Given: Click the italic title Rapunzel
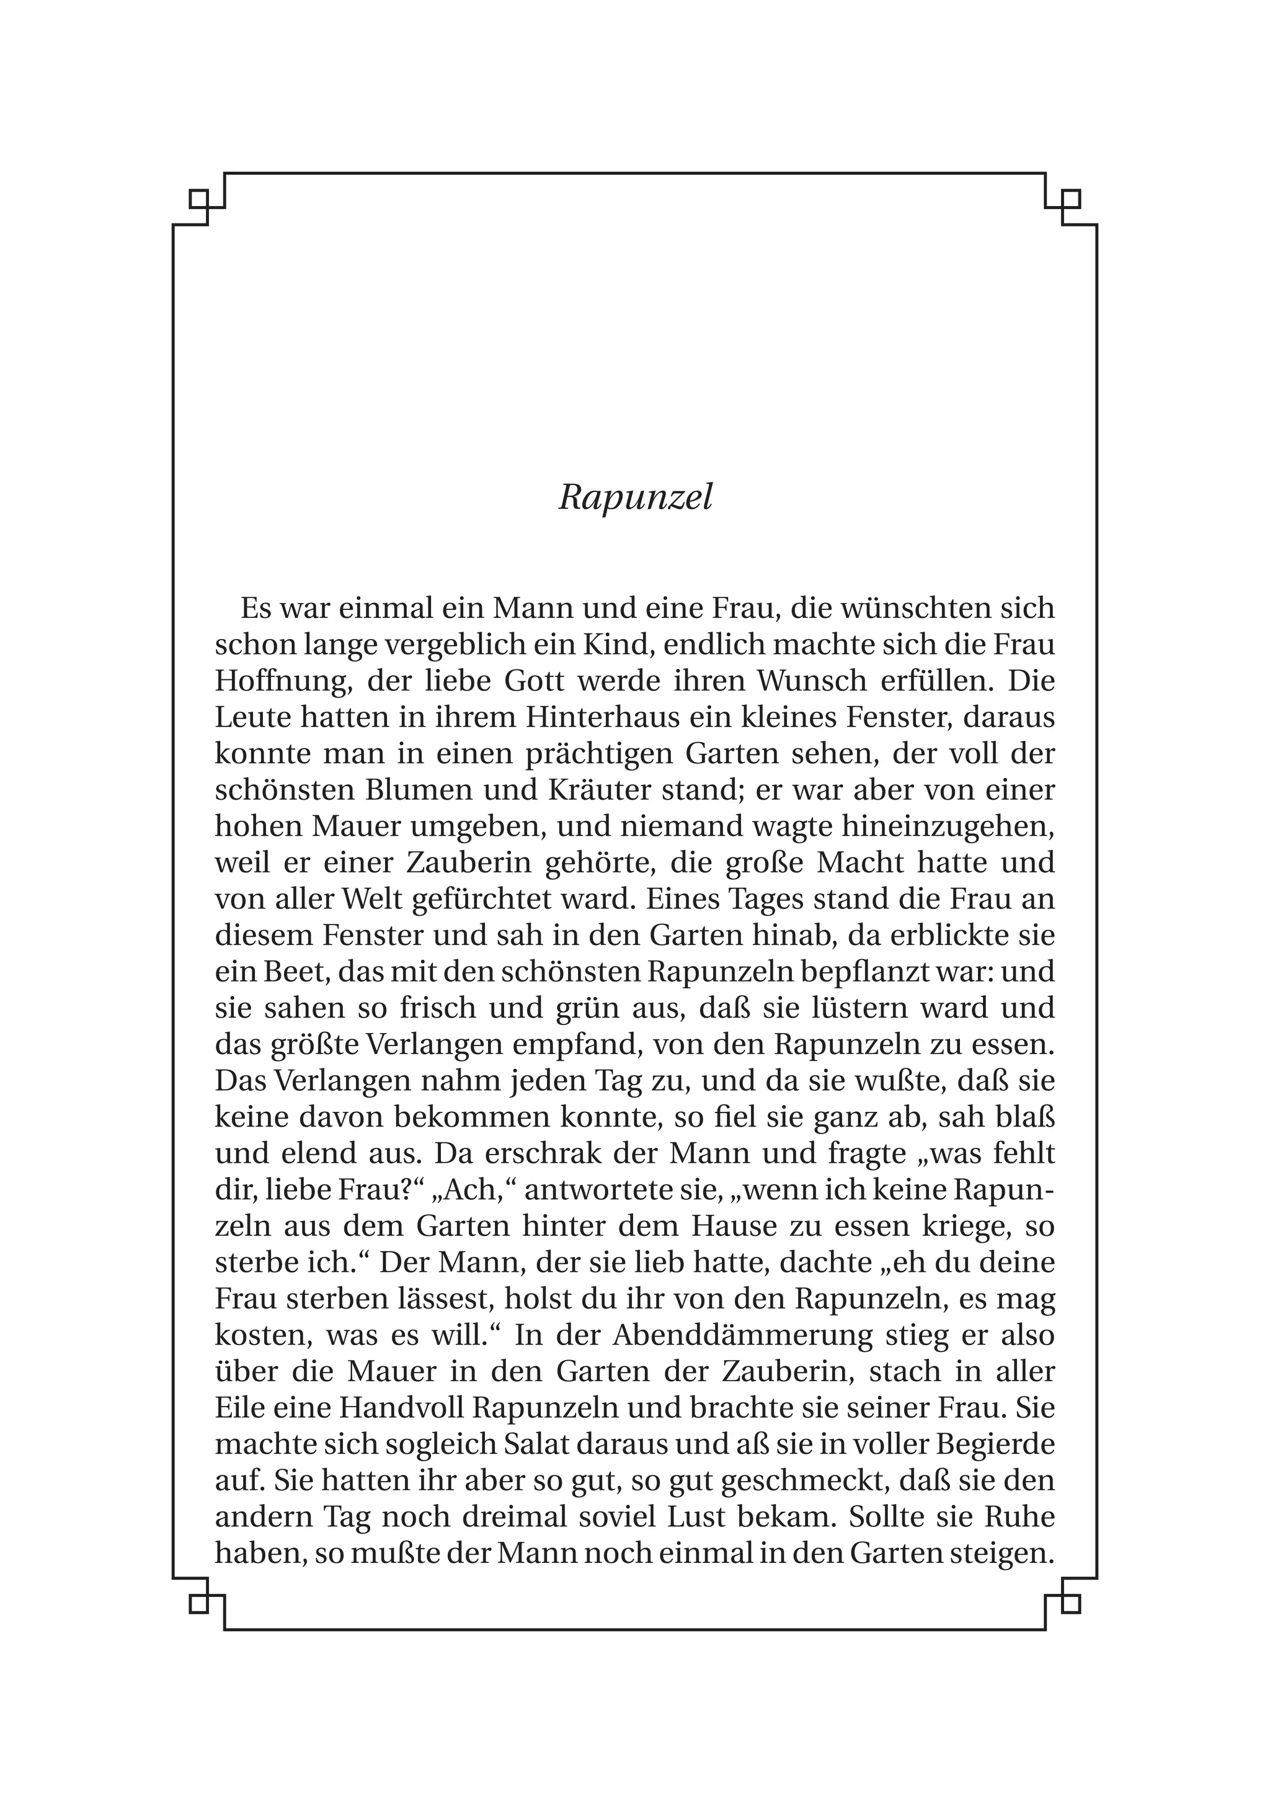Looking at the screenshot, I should click(635, 497).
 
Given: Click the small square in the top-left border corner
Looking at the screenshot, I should click(198, 199).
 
